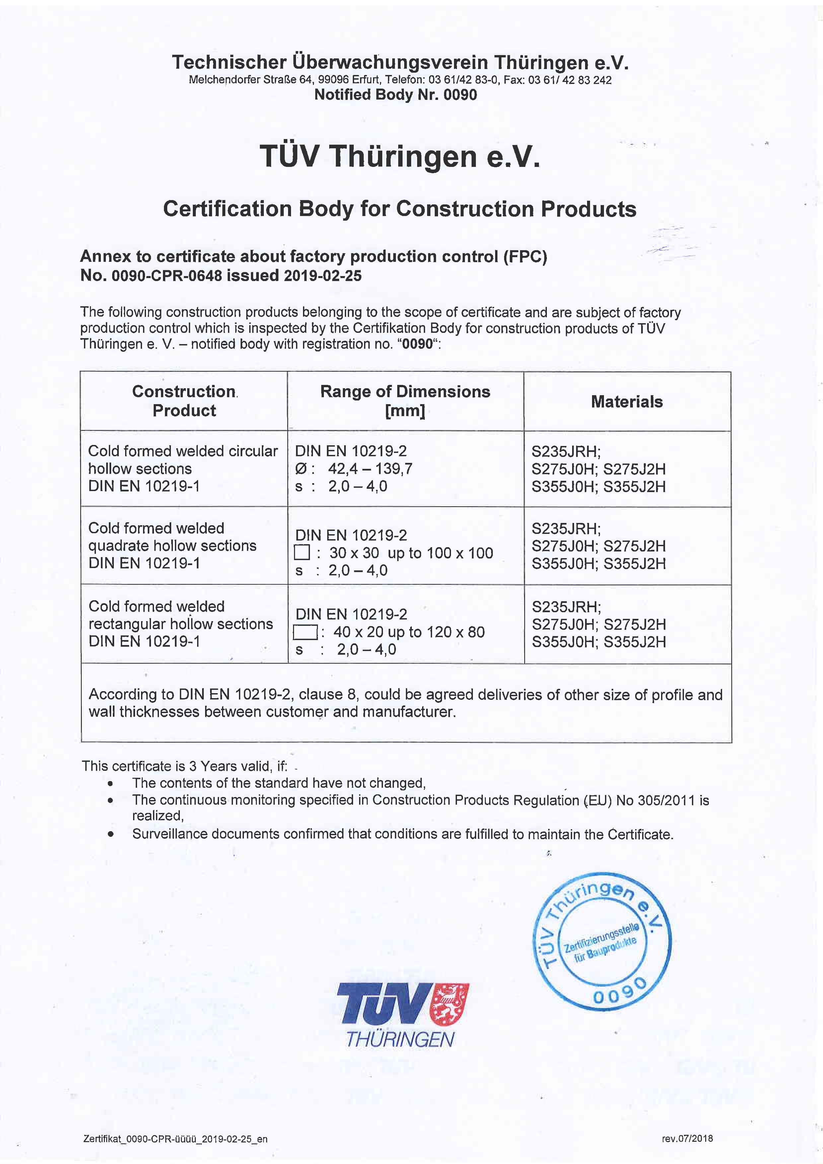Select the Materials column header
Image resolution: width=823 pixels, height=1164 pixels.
coord(627,401)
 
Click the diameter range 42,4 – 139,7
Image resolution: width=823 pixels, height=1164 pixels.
coord(370,469)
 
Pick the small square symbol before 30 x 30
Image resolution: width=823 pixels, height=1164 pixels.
coord(302,552)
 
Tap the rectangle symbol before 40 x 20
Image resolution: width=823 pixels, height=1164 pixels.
coord(306,632)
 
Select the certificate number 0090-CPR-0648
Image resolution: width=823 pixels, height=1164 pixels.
coord(166,276)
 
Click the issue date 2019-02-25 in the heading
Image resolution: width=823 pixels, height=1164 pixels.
coord(323,276)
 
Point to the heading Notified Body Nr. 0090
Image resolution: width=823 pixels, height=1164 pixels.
coord(396,95)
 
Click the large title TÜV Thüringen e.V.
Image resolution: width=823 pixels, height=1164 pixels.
coord(400,156)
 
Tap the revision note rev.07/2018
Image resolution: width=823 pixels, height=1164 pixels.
coord(687,1138)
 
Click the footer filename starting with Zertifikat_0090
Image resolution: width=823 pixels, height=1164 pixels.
coord(175,1139)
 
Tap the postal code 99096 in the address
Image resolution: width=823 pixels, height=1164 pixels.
coord(331,80)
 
